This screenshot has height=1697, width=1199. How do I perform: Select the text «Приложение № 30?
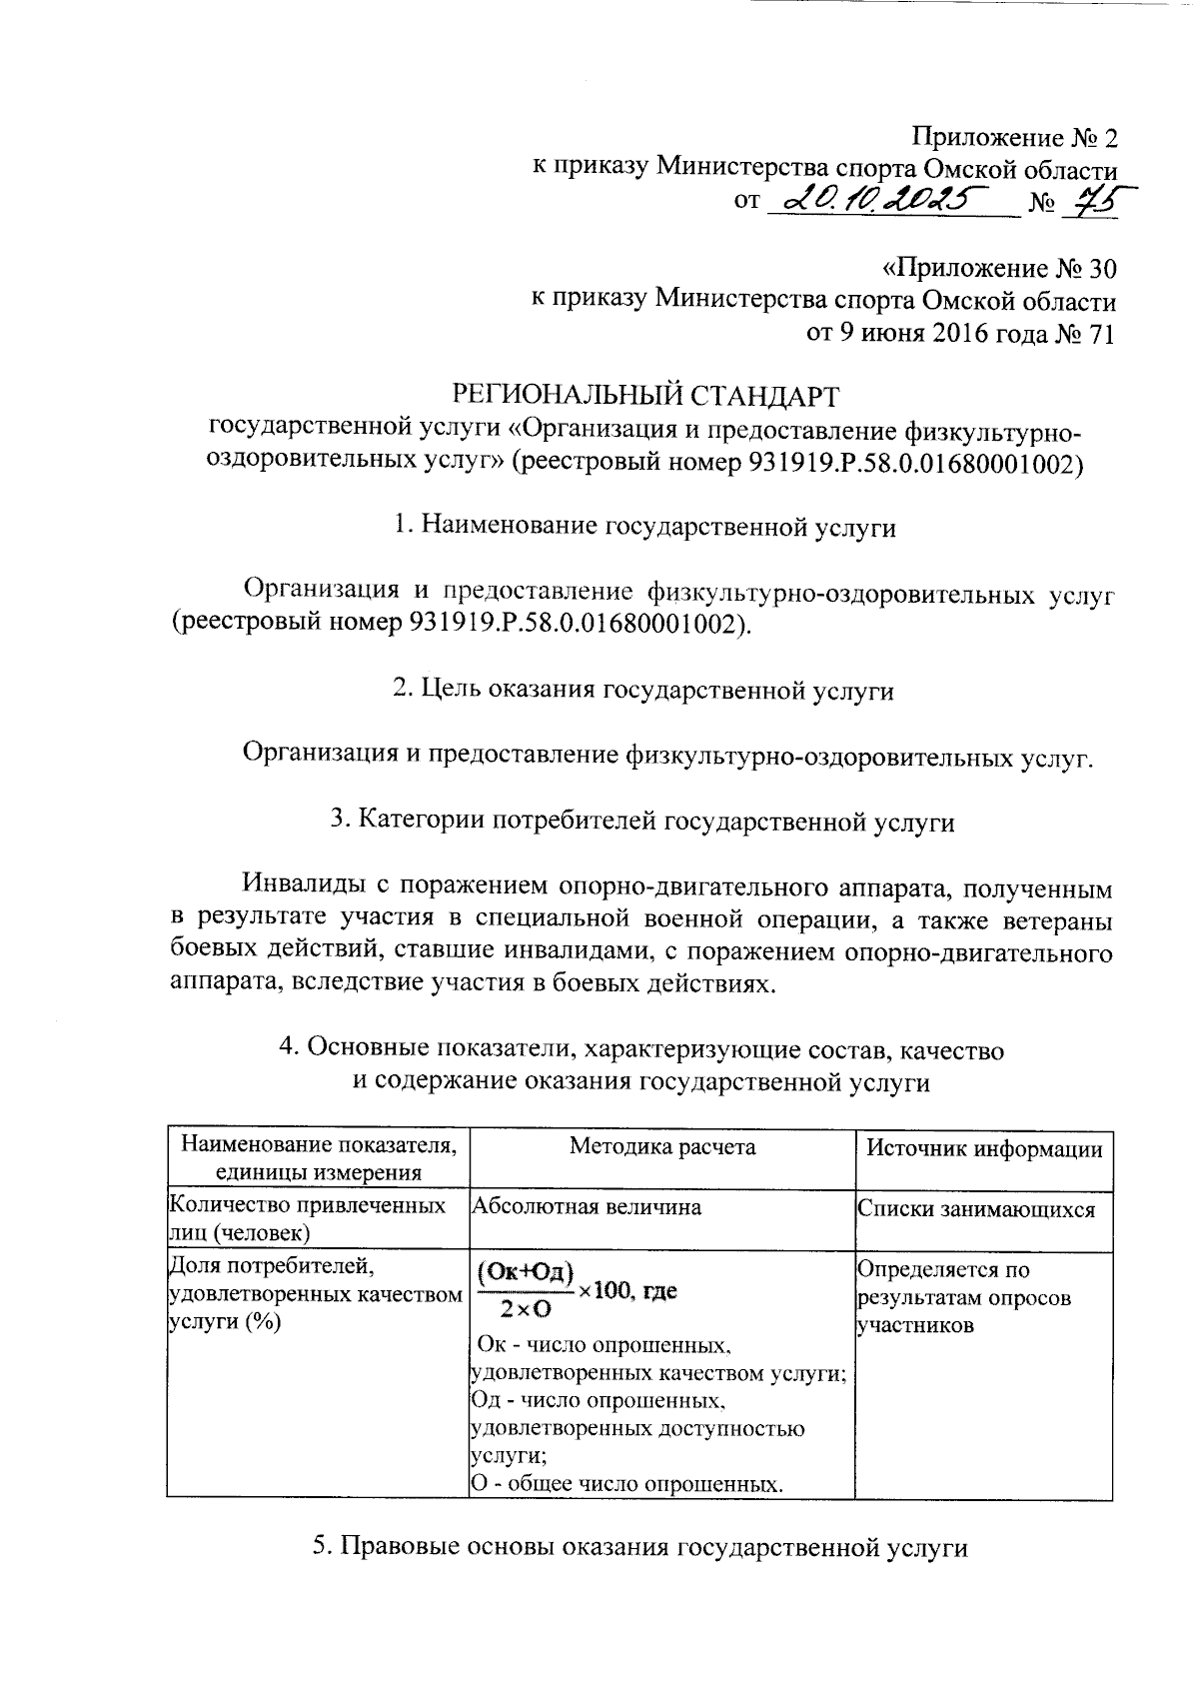998,270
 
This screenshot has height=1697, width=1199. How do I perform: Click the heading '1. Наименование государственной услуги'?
644,527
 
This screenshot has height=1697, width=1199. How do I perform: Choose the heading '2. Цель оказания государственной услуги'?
643,690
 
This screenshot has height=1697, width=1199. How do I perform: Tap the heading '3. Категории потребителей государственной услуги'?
643,822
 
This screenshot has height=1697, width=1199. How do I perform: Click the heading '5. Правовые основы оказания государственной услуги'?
640,1547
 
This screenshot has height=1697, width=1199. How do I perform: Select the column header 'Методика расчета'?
661,1146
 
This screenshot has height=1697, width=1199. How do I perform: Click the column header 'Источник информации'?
984,1149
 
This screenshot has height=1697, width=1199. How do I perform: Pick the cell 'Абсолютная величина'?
587,1207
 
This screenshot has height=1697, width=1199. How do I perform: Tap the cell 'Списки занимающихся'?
976,1210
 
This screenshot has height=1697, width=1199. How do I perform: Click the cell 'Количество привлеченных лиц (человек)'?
309,1219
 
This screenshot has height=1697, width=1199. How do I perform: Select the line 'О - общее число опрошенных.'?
625,1484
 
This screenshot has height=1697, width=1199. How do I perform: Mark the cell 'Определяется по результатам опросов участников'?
965,1298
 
